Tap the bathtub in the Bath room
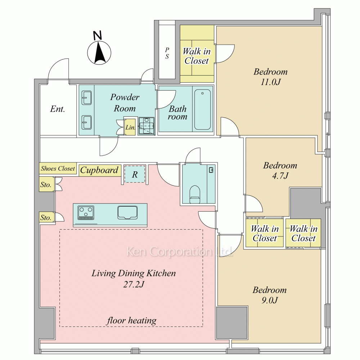(x=202, y=109)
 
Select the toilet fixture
(x=195, y=194)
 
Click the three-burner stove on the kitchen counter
(x=86, y=213)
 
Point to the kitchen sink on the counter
(x=127, y=212)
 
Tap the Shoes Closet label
(x=58, y=168)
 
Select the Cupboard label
(x=99, y=170)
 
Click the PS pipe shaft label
(x=167, y=53)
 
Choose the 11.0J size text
(x=270, y=82)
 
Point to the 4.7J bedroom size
(x=280, y=176)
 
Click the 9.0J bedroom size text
(x=270, y=300)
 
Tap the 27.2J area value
(x=134, y=284)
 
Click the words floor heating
(x=131, y=320)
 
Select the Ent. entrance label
(x=58, y=109)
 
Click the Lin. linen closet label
(x=130, y=127)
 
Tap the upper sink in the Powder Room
(x=86, y=98)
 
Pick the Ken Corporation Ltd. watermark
(x=180, y=251)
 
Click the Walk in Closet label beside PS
(x=197, y=56)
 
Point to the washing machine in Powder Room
(x=147, y=125)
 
